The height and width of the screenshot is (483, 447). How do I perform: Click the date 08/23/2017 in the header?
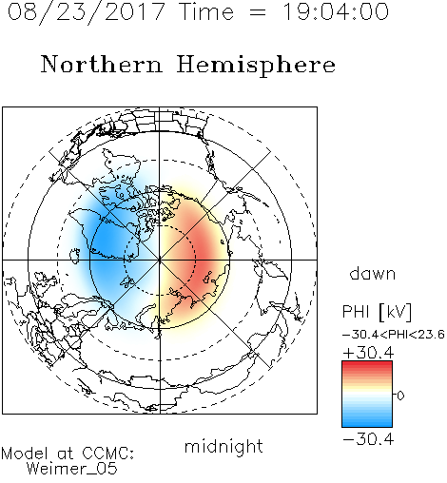click(x=86, y=12)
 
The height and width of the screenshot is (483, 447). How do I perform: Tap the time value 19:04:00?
click(x=336, y=12)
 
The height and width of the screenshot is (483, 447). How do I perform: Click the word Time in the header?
click(x=206, y=12)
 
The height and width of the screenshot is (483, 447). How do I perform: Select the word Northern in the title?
click(x=102, y=64)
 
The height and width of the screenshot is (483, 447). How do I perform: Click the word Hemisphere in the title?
click(x=256, y=66)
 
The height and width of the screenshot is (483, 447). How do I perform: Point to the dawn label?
click(x=373, y=273)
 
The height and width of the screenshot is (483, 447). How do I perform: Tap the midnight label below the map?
click(x=223, y=447)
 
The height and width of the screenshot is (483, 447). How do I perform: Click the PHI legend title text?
click(x=356, y=312)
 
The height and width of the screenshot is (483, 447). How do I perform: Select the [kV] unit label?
click(x=396, y=312)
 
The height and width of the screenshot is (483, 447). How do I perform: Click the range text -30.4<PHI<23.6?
click(x=394, y=335)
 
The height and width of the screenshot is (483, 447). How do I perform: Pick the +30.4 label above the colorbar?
click(x=368, y=353)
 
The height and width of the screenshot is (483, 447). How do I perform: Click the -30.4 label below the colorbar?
click(x=368, y=439)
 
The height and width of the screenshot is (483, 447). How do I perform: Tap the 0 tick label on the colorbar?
click(x=400, y=396)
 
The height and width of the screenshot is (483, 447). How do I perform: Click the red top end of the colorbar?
click(x=367, y=364)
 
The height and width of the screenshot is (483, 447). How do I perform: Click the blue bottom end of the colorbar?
click(x=367, y=424)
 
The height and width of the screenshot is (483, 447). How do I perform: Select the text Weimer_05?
click(x=72, y=469)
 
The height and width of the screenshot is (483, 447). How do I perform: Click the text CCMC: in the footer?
click(x=107, y=454)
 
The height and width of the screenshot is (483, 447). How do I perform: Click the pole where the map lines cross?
click(x=160, y=260)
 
